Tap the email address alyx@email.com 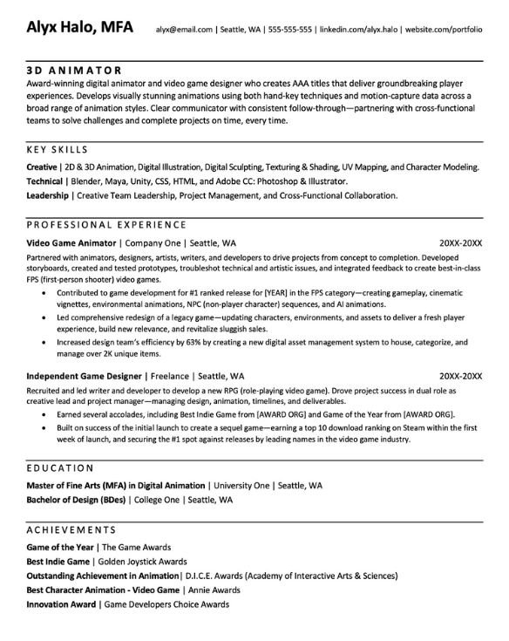(184, 30)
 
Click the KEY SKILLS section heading (64, 150)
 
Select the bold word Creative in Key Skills (42, 166)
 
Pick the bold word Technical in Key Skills (45, 181)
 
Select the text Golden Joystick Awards (143, 560)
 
